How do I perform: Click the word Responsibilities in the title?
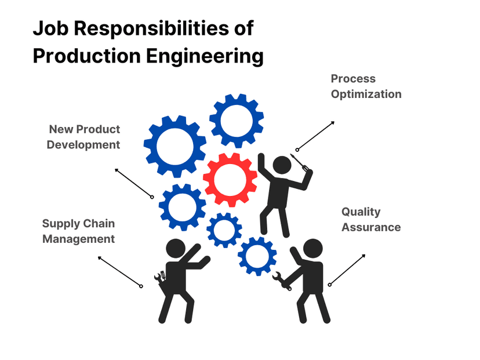[x=151, y=28]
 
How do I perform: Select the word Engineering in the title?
[x=205, y=56]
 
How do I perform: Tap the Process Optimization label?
[x=366, y=86]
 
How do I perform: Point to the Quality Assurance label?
[x=371, y=220]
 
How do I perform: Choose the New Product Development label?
[x=83, y=137]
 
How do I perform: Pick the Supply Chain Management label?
[x=78, y=231]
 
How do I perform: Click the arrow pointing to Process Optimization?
[x=315, y=136]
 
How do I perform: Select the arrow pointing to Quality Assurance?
[x=347, y=270]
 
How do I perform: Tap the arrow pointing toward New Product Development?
[x=134, y=183]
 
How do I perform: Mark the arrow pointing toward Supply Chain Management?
[x=120, y=271]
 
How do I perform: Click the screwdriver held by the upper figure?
[x=300, y=162]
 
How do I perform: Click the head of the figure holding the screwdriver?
[x=282, y=165]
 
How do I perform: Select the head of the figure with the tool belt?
[x=176, y=249]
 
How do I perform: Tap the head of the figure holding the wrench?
[x=312, y=249]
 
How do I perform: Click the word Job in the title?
[x=50, y=28]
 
